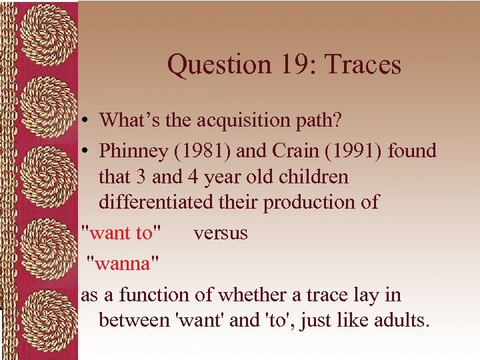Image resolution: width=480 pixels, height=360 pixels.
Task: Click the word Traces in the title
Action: pyautogui.click(x=365, y=65)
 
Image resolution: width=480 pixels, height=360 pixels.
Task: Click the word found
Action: pyautogui.click(x=411, y=151)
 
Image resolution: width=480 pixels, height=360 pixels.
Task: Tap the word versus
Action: pyautogui.click(x=220, y=233)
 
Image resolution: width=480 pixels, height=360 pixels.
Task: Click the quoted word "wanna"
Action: pyautogui.click(x=123, y=263)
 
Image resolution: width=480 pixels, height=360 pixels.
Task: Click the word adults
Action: pyautogui.click(x=401, y=320)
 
